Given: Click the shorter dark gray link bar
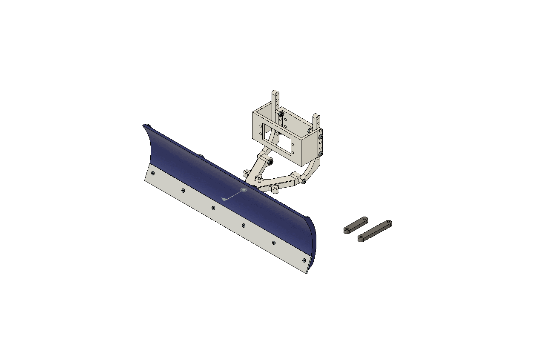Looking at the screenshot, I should tap(356, 225).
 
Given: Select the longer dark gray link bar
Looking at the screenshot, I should tap(375, 231).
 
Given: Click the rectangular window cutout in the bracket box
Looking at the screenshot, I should tap(277, 139).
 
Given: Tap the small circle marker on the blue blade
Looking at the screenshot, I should tap(244, 190).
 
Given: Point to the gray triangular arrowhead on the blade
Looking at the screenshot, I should tap(224, 199).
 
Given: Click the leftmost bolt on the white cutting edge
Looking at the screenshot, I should tap(153, 173).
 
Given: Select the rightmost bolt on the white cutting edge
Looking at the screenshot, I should tap(304, 260).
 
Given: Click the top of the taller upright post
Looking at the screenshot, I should tap(276, 93).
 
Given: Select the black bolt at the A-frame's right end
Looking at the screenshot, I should tap(304, 182).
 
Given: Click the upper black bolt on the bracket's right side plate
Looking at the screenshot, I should tap(321, 137).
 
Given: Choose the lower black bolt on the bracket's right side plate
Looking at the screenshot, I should tap(321, 154).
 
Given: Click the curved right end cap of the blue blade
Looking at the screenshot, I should tap(313, 243).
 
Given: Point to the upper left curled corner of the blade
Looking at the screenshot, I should tap(146, 126).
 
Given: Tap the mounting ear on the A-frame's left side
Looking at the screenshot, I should tap(247, 172).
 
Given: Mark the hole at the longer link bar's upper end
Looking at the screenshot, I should tap(388, 222).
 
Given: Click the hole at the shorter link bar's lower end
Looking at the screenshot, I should tap(347, 230).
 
